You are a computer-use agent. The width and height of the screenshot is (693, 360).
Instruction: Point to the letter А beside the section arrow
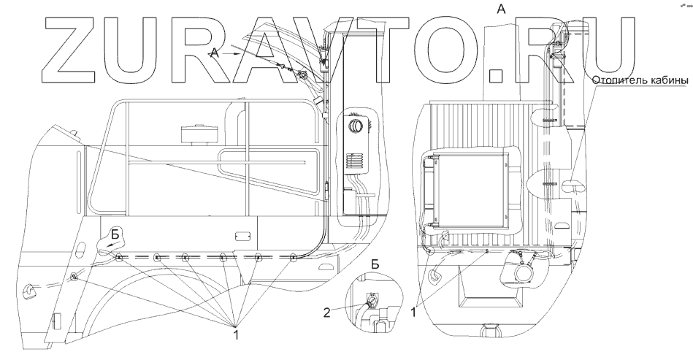(x=214, y=52)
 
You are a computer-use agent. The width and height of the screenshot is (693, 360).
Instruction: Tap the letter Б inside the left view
(x=115, y=234)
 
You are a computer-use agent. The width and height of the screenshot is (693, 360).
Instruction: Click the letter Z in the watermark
(x=73, y=46)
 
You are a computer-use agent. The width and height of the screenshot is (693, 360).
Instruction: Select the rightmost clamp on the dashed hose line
(x=294, y=258)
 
